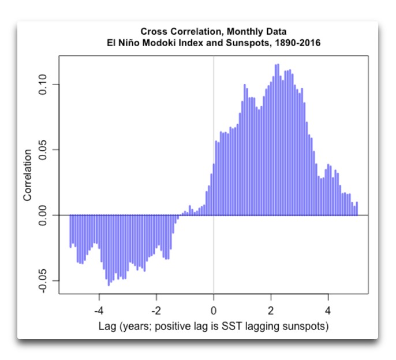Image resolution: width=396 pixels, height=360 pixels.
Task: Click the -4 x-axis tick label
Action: (99, 307)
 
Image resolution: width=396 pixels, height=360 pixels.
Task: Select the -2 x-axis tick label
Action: (156, 307)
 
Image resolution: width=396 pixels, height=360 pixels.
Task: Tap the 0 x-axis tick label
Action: (214, 307)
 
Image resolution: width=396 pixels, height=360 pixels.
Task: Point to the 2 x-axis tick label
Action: (271, 307)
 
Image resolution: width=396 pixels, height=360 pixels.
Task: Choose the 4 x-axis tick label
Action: (328, 307)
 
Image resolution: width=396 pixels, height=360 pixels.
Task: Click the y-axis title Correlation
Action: (27, 176)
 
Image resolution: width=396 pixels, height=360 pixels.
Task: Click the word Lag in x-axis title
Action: (108, 326)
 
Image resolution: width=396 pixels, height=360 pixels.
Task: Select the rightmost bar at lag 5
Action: (357, 209)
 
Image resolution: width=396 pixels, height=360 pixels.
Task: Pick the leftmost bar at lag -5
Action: (70, 231)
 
